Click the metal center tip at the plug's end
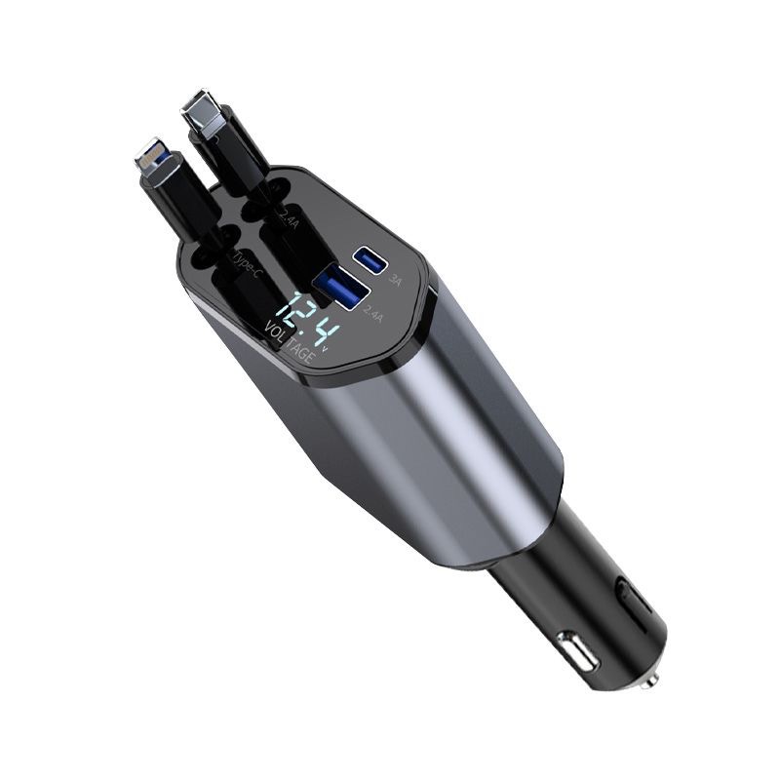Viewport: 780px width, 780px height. pos(651,675)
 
